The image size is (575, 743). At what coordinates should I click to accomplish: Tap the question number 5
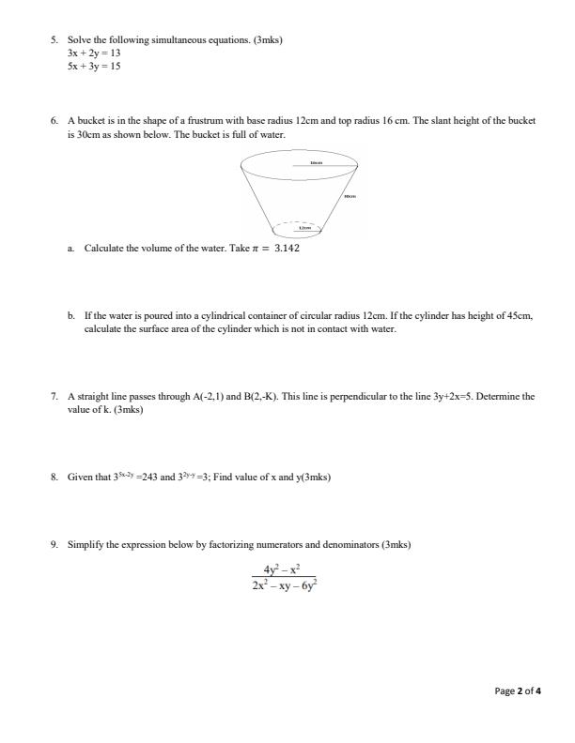(x=54, y=39)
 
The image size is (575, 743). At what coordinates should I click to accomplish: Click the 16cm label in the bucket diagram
(x=317, y=162)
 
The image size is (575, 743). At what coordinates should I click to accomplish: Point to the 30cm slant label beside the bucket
(x=350, y=196)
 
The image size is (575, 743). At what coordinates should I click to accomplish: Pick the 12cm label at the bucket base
(x=303, y=227)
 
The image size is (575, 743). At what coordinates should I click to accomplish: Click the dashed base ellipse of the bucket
(x=299, y=230)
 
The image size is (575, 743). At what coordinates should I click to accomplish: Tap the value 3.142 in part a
(x=287, y=250)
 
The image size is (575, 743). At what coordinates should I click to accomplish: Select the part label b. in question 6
(x=71, y=317)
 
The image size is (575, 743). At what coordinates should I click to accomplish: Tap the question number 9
(x=54, y=544)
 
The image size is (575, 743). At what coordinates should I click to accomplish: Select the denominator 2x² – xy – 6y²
(x=287, y=585)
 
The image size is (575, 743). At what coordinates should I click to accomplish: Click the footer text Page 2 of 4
(x=519, y=691)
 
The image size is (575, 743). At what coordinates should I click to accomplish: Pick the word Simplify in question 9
(x=85, y=544)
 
